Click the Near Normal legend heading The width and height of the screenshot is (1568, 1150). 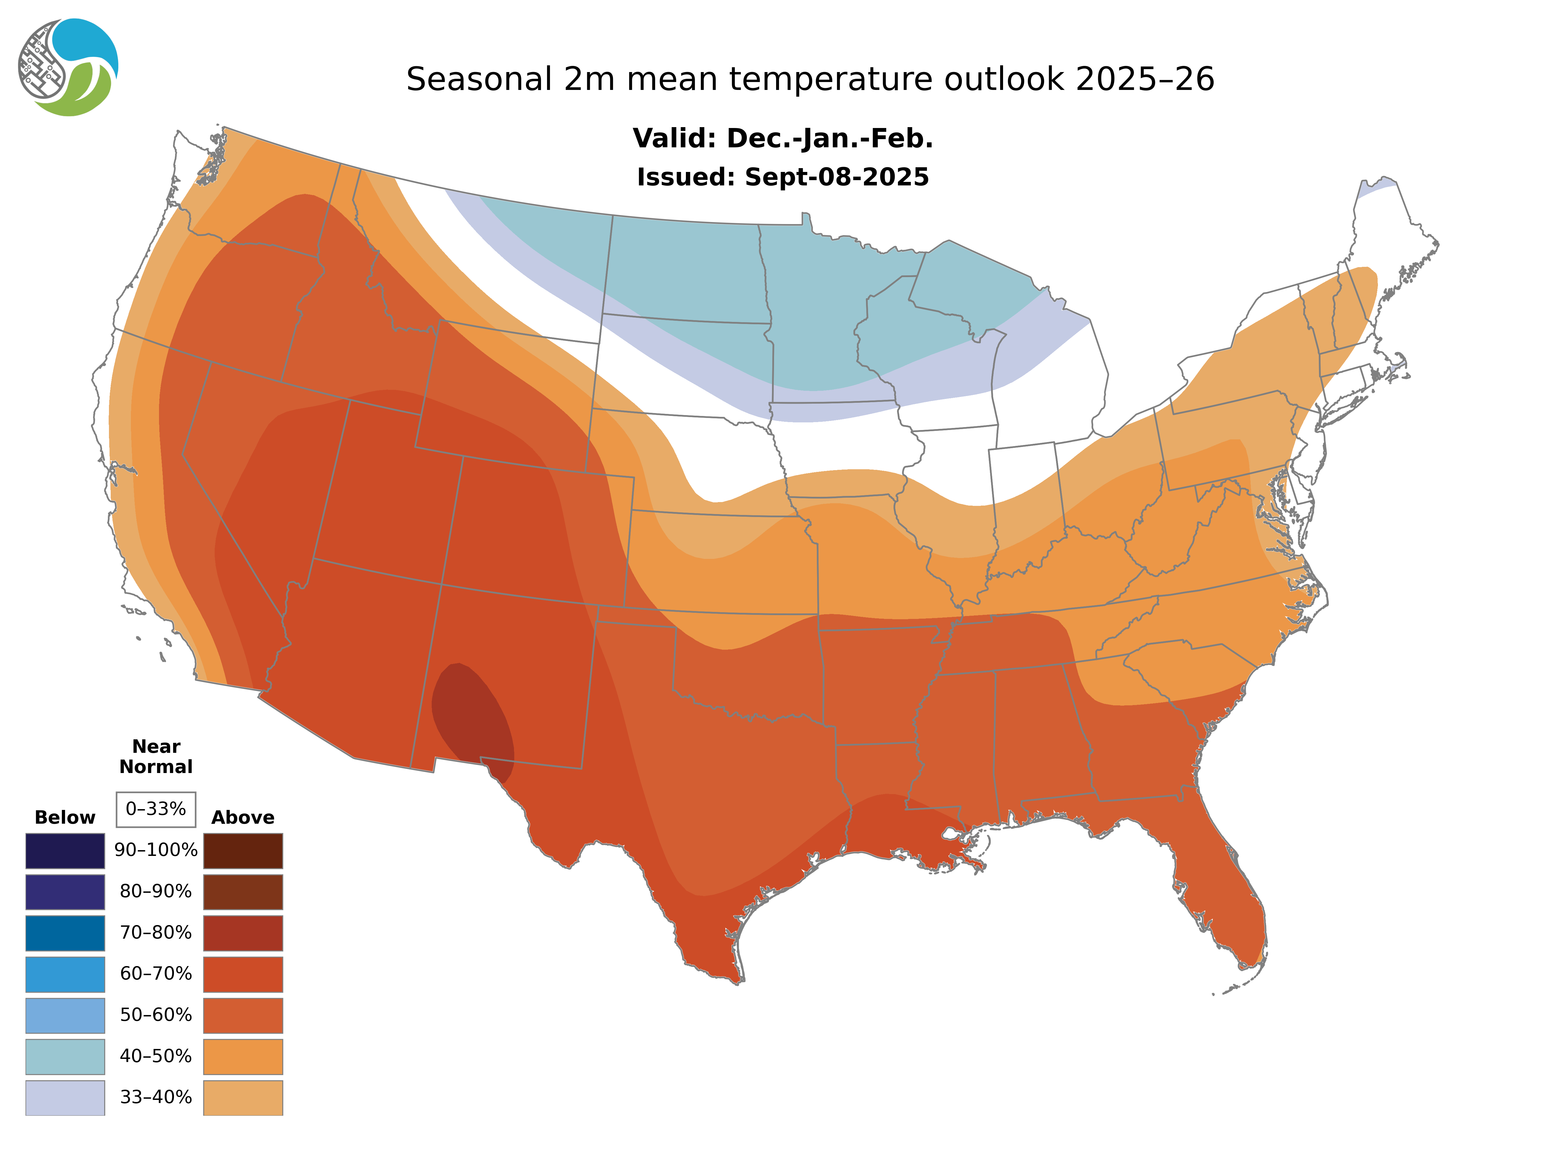click(x=156, y=757)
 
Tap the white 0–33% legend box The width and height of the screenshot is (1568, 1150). click(x=156, y=809)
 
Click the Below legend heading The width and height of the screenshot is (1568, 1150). click(x=65, y=817)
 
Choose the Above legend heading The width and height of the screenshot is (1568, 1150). click(x=243, y=817)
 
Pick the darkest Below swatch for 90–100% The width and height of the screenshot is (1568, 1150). click(x=65, y=851)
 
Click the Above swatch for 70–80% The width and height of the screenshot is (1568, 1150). click(x=243, y=933)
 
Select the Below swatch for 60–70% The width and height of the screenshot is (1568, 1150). click(x=65, y=974)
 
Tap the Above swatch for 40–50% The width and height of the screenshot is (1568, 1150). click(x=243, y=1056)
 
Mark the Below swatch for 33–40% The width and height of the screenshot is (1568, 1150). click(x=65, y=1097)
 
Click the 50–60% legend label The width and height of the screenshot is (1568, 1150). click(x=156, y=1015)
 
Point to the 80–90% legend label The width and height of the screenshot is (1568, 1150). click(x=156, y=892)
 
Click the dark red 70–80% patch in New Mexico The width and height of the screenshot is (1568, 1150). click(x=473, y=717)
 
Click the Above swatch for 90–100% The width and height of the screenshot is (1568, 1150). click(x=243, y=851)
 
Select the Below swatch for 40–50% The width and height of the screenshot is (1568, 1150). click(x=65, y=1056)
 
